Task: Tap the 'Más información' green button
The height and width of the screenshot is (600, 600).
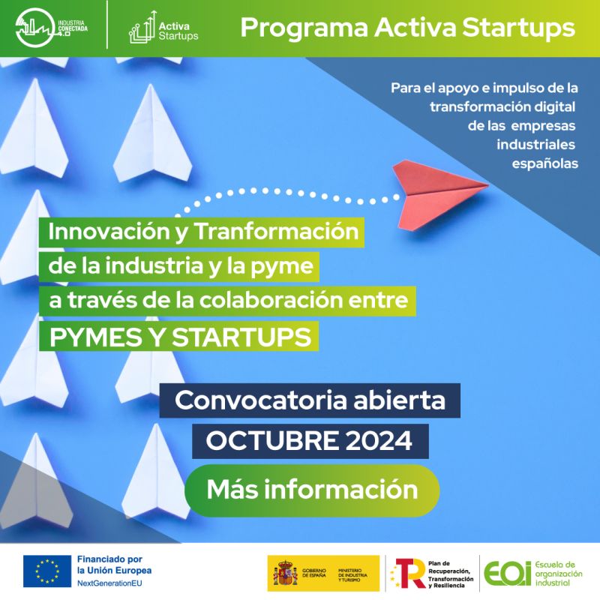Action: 311,490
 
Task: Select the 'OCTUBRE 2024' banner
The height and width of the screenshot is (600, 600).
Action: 309,441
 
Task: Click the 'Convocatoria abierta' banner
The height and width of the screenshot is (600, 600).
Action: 310,400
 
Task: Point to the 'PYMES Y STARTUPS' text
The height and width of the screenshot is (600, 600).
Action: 180,337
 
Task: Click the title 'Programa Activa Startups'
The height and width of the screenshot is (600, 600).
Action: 408,28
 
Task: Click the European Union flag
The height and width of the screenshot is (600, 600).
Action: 46,571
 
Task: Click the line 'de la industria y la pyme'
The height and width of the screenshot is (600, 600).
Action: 184,266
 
